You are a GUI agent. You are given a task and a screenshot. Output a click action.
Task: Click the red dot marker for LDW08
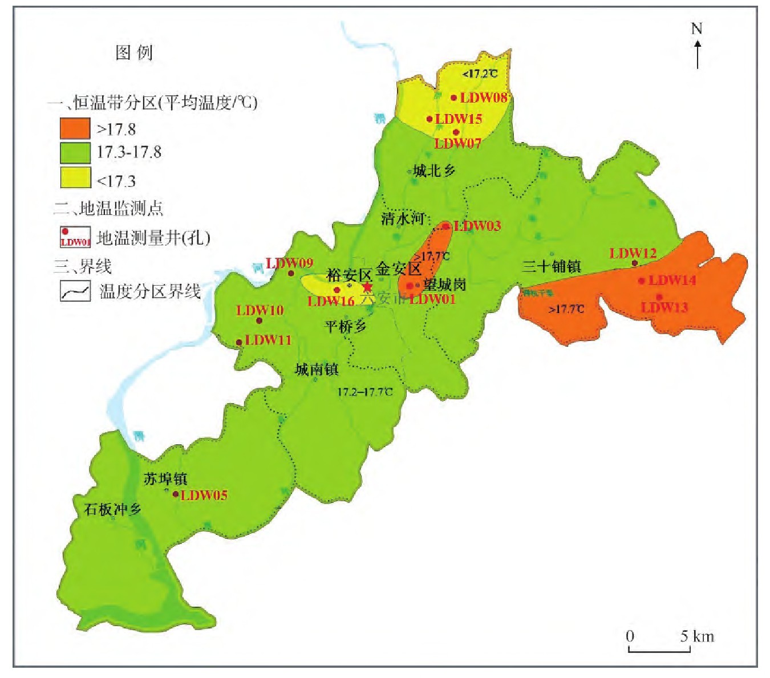click(454, 98)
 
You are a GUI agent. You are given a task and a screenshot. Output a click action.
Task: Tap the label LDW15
click(459, 119)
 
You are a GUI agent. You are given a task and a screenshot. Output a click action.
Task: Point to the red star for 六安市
click(367, 286)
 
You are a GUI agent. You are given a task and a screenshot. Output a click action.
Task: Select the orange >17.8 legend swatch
click(75, 129)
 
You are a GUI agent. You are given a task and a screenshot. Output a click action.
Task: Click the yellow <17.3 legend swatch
click(75, 177)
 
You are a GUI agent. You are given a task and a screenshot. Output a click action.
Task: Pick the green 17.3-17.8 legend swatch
click(75, 153)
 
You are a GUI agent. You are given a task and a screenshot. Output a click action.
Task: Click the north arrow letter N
click(696, 29)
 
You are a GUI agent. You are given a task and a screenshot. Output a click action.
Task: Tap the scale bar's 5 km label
click(696, 636)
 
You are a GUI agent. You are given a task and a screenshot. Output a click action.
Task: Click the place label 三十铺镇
click(552, 266)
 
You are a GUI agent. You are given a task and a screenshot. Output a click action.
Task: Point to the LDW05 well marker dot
click(176, 494)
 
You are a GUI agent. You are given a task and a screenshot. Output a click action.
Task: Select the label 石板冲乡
click(113, 509)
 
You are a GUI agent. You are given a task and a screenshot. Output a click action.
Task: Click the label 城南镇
click(317, 370)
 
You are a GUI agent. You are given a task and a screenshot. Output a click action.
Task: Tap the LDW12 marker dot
click(634, 263)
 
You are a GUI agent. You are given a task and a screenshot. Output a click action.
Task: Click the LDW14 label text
click(672, 280)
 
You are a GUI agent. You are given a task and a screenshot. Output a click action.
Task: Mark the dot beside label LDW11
click(239, 343)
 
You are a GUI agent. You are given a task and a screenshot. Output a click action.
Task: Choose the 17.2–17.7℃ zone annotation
click(365, 392)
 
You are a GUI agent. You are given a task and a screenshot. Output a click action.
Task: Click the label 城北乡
click(435, 170)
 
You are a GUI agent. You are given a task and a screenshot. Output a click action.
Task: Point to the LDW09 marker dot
click(291, 273)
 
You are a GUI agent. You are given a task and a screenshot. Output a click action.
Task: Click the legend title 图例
click(134, 52)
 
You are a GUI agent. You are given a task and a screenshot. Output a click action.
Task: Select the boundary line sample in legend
click(75, 291)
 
